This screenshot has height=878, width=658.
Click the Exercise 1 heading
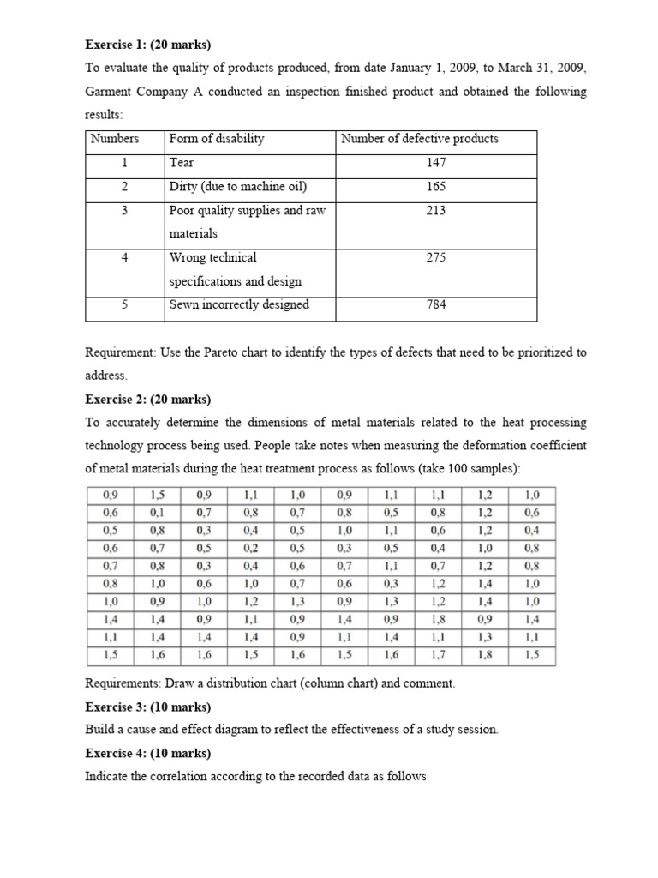(143, 44)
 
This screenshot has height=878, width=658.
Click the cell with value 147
(436, 162)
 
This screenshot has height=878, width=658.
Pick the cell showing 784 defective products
(436, 304)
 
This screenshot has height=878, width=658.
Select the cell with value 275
(436, 256)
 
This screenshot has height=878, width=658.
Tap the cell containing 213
(436, 209)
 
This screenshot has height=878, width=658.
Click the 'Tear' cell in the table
(182, 162)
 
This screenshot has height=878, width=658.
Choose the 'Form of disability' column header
(217, 139)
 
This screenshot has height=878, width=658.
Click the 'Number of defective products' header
(420, 139)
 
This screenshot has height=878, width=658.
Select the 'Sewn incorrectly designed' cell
(239, 304)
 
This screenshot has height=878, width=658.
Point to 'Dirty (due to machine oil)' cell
(238, 186)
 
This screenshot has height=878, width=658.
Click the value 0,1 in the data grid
(157, 512)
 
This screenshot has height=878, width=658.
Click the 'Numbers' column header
(114, 139)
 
